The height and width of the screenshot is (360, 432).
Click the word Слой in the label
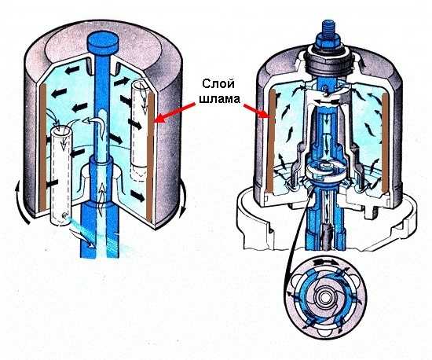pyautogui.click(x=218, y=84)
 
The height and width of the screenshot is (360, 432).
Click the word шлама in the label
pyautogui.click(x=219, y=99)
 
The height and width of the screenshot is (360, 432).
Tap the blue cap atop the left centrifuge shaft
pyautogui.click(x=102, y=43)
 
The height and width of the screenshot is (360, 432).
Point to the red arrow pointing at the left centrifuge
pyautogui.click(x=175, y=112)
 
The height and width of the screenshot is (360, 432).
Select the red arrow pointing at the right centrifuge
pyautogui.click(x=256, y=111)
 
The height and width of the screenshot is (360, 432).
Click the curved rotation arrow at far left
pyautogui.click(x=23, y=204)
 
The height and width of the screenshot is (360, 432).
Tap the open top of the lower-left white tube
pyautogui.click(x=60, y=131)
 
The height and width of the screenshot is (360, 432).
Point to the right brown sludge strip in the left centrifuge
pyautogui.click(x=150, y=157)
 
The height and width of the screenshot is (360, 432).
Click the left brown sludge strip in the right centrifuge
pyautogui.click(x=271, y=141)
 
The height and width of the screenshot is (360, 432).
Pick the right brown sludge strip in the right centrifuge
pyautogui.click(x=386, y=141)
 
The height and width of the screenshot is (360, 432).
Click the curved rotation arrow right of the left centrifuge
pyautogui.click(x=183, y=200)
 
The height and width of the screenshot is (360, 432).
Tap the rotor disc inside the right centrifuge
pyautogui.click(x=324, y=170)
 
